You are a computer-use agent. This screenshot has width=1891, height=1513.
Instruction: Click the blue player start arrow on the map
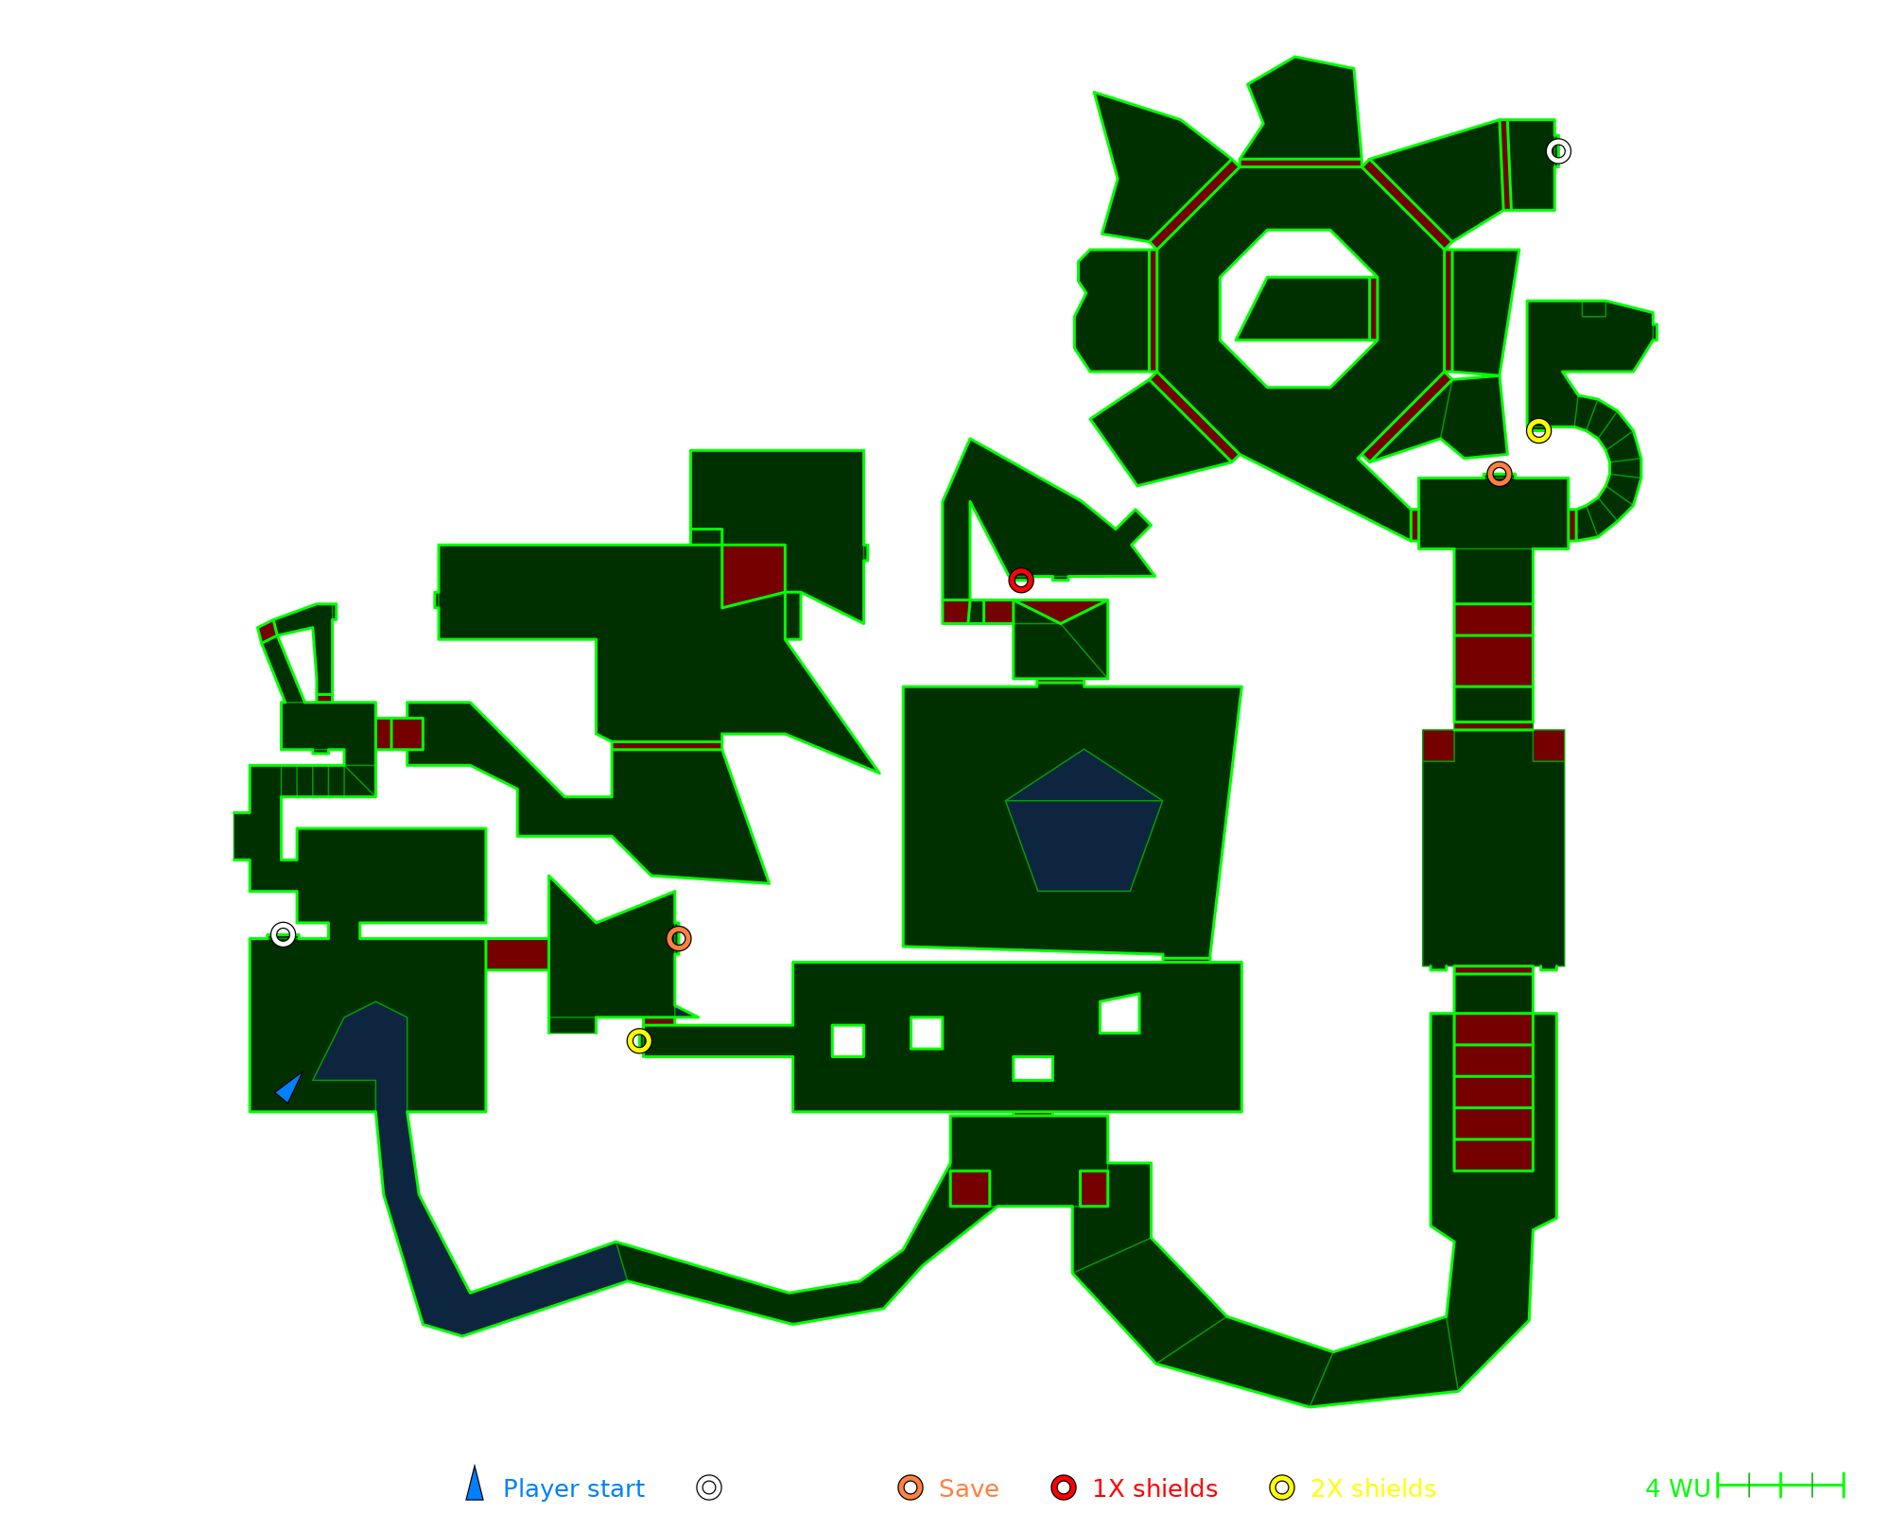288,1088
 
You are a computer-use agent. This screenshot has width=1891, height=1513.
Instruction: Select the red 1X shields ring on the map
1020,580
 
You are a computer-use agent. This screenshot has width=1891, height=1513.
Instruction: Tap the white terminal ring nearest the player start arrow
283,934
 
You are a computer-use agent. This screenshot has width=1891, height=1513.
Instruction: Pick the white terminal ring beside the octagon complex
1558,151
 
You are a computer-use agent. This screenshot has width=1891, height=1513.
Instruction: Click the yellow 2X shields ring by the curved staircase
1538,430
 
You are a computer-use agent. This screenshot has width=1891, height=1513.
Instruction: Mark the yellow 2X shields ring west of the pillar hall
639,1040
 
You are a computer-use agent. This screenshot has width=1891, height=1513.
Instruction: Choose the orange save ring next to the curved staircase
1499,474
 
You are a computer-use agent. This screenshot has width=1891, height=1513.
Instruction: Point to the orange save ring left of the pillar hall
678,938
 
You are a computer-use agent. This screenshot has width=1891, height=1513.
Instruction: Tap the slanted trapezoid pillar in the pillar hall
1119,1014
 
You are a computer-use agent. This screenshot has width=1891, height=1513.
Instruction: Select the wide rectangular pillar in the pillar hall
1032,1068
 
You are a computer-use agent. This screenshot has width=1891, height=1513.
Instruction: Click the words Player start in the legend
573,1488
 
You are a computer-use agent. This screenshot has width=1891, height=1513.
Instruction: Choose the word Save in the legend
968,1488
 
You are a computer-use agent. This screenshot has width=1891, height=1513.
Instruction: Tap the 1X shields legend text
1154,1488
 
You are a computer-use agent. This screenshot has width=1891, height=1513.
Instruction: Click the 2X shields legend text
1373,1488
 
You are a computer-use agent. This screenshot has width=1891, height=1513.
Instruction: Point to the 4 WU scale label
1677,1488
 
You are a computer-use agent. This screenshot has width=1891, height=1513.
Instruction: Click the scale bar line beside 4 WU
1780,1486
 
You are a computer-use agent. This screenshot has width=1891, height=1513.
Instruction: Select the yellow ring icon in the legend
1282,1487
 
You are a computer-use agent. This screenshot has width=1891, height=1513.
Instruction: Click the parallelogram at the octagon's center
1306,308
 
